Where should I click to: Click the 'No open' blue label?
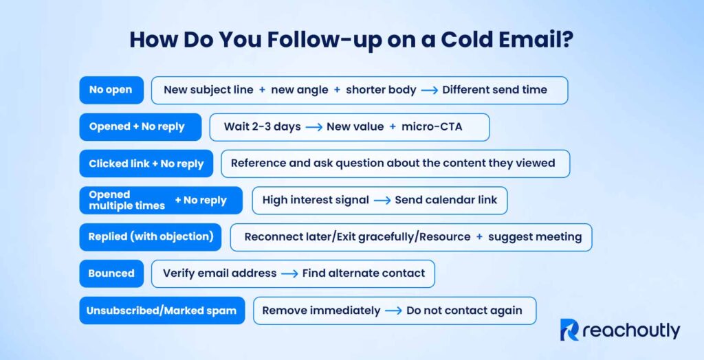(111, 90)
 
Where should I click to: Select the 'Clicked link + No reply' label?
(146, 164)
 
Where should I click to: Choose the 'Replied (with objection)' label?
(150, 237)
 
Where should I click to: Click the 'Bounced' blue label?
(111, 273)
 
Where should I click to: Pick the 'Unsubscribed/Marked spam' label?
(162, 311)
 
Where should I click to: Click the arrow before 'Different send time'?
(429, 90)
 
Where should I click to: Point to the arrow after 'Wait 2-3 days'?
(313, 127)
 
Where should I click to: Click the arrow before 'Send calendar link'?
(382, 201)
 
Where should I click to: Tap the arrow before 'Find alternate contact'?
(289, 273)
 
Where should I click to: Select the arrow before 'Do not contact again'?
(393, 311)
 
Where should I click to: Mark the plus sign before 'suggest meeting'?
(479, 237)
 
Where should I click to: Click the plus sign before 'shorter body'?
(337, 90)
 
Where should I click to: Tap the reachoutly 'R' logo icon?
(569, 330)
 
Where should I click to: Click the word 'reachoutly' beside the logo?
(630, 330)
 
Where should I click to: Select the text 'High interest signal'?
(313, 201)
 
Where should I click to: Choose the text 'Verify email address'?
(219, 273)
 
